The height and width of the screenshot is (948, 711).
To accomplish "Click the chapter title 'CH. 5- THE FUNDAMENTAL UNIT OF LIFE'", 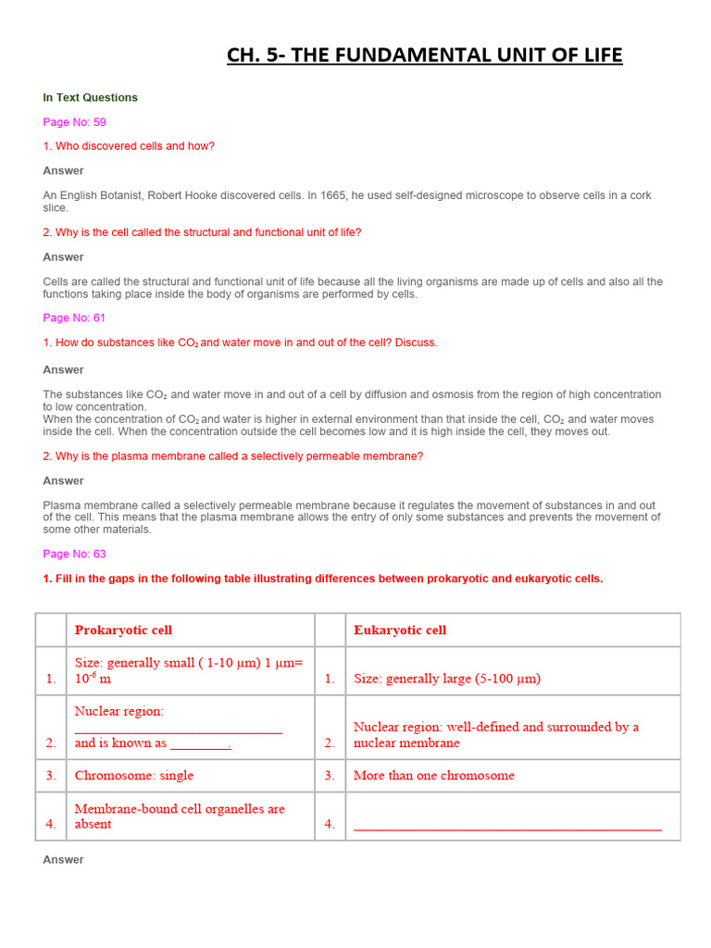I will [425, 56].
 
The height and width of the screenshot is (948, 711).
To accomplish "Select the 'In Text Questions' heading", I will [90, 97].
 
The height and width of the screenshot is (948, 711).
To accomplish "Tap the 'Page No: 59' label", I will [74, 122].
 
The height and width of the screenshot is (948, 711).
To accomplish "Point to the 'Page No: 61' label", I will [74, 318].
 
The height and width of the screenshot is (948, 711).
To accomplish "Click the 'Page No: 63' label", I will [74, 554].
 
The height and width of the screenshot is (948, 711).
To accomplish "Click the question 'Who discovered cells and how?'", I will [129, 146].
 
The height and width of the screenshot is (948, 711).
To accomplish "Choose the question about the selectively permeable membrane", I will [232, 456].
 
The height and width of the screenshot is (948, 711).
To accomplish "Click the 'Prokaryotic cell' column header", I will [123, 630].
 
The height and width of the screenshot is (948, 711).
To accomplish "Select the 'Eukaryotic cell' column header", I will [400, 630].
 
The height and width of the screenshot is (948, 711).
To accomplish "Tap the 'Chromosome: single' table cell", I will [134, 776].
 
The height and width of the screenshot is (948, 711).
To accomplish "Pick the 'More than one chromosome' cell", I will [433, 776].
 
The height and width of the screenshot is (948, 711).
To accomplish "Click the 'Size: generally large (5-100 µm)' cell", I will [447, 679].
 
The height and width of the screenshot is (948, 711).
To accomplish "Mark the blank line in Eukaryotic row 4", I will [507, 826].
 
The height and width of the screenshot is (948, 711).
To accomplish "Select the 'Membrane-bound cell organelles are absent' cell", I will [180, 817].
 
